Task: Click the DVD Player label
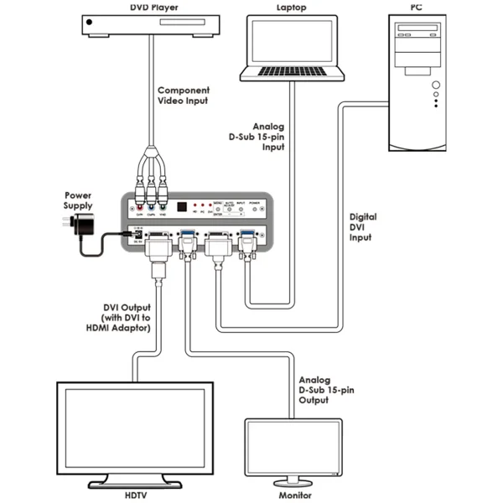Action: [x=153, y=7]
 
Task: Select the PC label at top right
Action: [x=416, y=7]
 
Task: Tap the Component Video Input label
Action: [x=184, y=96]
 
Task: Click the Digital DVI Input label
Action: [x=364, y=226]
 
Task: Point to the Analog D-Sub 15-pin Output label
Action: [x=324, y=390]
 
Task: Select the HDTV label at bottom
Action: [x=135, y=495]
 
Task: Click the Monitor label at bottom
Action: [x=294, y=495]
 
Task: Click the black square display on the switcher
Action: [x=183, y=206]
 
